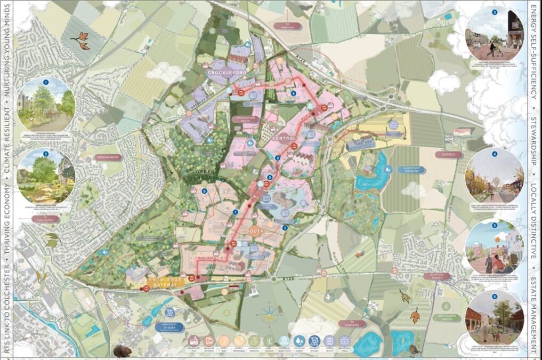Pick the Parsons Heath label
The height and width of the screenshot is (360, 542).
coord(108,157)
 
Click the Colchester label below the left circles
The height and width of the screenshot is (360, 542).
coord(46,219)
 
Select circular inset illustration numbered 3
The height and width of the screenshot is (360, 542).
coord(495,33)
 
